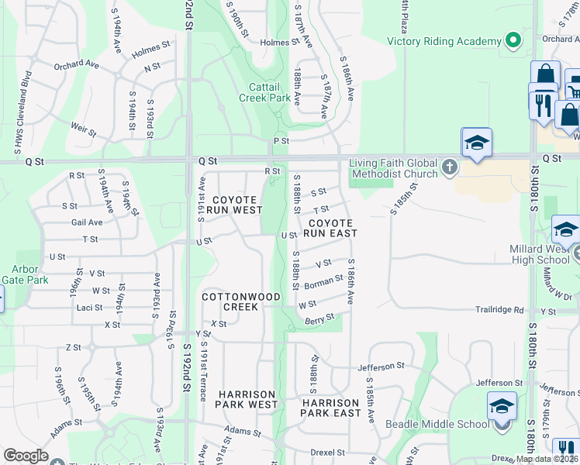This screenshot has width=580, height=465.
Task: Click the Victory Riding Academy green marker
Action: pyautogui.click(x=513, y=40)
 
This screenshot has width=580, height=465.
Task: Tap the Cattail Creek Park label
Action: pyautogui.click(x=270, y=92)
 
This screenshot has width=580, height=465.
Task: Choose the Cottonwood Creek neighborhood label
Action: pyautogui.click(x=230, y=301)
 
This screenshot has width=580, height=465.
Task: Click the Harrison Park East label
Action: pyautogui.click(x=331, y=408)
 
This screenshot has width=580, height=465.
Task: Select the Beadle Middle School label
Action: pyautogui.click(x=438, y=424)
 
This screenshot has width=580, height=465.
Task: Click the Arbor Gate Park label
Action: pyautogui.click(x=24, y=275)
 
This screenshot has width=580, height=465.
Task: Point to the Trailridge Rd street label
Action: pyautogui.click(x=499, y=310)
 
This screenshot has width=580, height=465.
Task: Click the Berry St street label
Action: pyautogui.click(x=319, y=319)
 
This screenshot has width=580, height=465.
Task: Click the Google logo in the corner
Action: pyautogui.click(x=26, y=456)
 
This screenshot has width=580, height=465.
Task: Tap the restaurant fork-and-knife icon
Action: pyautogui.click(x=540, y=103)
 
